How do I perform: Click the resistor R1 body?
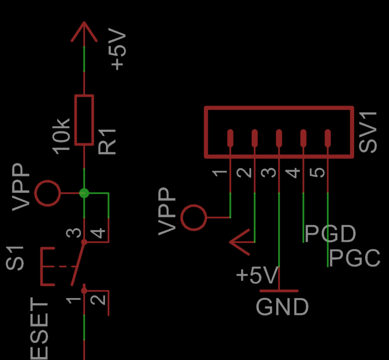tap(84, 120)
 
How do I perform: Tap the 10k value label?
tap(62, 135)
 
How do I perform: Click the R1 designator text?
tap(107, 140)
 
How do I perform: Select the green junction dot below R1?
tap(84, 193)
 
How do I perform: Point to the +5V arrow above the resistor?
tap(84, 33)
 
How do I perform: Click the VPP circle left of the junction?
tap(48, 193)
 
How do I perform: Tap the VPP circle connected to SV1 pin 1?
tap(193, 218)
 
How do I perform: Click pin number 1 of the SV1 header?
tap(219, 172)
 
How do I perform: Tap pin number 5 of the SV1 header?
tap(318, 172)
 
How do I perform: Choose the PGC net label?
tap(355, 258)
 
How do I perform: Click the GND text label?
tap(282, 307)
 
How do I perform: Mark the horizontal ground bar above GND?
tap(279, 291)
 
